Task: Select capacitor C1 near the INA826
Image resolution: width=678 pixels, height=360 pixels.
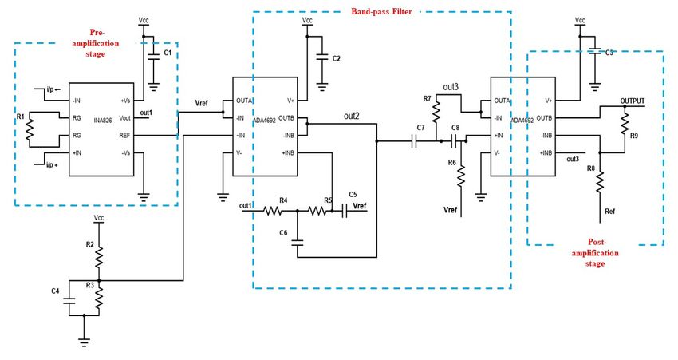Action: (153, 56)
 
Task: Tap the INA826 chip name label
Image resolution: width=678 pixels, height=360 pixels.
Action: (103, 121)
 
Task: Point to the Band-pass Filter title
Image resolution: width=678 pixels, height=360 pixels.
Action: (381, 12)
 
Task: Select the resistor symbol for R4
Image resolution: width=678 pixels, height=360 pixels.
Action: (274, 211)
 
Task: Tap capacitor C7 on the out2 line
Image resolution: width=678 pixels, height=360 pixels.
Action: (414, 141)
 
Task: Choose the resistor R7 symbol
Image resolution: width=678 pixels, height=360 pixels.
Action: (436, 111)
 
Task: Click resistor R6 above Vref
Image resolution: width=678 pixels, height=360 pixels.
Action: (461, 176)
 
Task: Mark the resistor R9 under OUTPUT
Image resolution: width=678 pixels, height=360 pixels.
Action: (625, 123)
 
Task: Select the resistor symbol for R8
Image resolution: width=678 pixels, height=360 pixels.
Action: (600, 182)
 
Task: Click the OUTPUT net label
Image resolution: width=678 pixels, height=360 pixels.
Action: (633, 101)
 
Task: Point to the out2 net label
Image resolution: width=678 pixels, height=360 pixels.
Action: (352, 116)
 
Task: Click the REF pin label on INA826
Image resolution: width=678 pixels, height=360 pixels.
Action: (124, 136)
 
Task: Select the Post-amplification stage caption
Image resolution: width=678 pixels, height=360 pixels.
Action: (595, 253)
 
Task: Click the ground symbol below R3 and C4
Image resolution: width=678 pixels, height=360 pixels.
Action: (85, 342)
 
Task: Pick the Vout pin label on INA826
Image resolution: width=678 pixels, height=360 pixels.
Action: (124, 118)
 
